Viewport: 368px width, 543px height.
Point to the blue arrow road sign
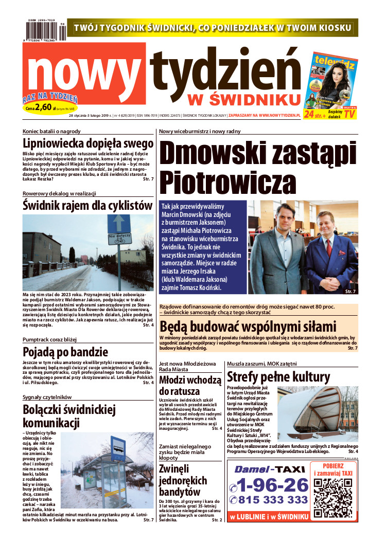119,223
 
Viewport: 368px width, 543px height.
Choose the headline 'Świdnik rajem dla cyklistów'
88,206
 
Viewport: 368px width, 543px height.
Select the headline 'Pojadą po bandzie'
65,352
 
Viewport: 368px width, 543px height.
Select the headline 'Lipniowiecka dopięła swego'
88,143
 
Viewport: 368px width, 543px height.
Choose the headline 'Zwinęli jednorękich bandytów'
183,480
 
